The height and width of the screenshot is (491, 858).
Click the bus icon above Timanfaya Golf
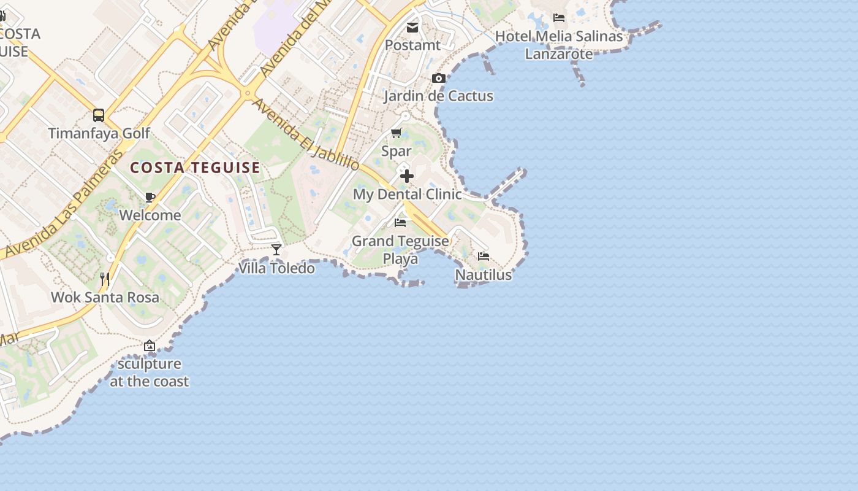coord(99,115)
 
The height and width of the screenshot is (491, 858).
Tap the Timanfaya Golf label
coord(99,133)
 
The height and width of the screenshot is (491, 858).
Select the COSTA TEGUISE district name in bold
coord(195,168)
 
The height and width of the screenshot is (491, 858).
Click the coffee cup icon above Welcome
coord(150,197)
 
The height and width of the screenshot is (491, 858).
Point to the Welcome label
coord(150,215)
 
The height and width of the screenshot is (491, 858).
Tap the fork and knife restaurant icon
coord(105,279)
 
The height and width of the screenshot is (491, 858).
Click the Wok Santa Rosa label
coord(105,298)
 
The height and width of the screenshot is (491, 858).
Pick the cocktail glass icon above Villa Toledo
coord(276,249)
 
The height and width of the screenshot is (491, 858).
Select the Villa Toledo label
coord(276,268)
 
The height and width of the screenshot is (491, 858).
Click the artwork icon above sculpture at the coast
coord(150,346)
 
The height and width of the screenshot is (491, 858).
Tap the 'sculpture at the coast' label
coord(150,373)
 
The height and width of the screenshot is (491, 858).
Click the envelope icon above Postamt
coord(412,27)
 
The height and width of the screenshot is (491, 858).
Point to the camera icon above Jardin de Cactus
coord(438,78)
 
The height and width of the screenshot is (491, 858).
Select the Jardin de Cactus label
coord(438,96)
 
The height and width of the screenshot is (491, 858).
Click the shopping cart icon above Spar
coord(397,133)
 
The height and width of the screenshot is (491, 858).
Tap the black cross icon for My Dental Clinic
coord(406,176)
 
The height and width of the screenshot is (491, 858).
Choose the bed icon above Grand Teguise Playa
coord(400,222)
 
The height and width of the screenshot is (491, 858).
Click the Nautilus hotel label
coord(483,275)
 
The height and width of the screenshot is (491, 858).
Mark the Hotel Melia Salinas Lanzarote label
coord(559,45)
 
